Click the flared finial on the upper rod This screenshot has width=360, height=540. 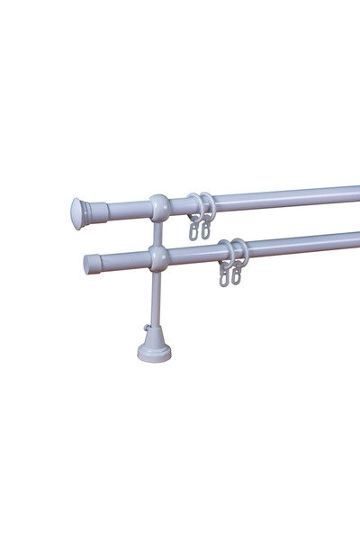78,213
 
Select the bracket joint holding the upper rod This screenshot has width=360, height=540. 158,208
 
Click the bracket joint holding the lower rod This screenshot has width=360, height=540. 158,259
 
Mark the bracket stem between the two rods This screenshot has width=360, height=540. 158,233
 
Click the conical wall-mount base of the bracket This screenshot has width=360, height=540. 155,346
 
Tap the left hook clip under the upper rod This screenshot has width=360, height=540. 193,230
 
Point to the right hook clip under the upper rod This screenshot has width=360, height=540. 206,229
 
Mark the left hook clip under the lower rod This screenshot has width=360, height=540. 224,277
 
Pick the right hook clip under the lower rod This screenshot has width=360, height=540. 237,276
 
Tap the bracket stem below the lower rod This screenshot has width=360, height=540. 157,297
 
